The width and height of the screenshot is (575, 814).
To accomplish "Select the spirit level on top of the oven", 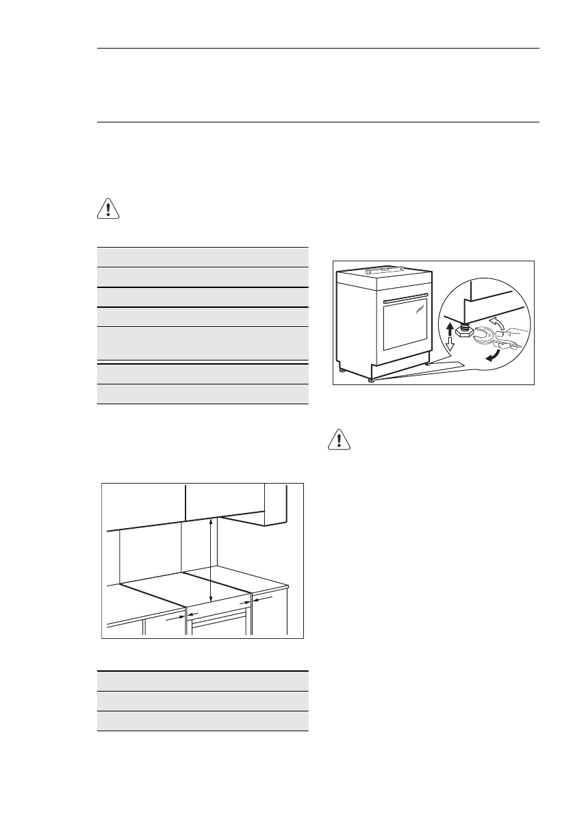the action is pyautogui.click(x=387, y=268).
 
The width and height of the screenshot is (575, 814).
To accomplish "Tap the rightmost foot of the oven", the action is pyautogui.click(x=429, y=364).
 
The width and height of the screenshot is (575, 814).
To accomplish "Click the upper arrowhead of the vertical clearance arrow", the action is pyautogui.click(x=211, y=521).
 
